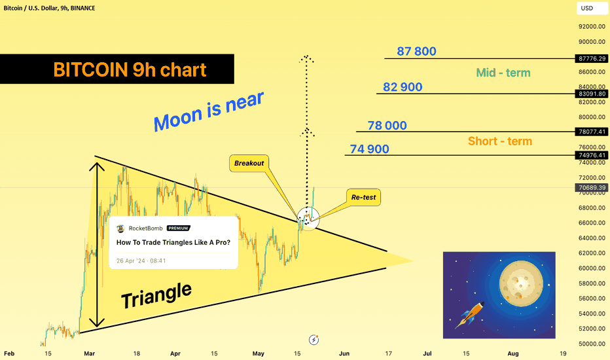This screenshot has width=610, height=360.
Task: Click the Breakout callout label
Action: coord(249,163)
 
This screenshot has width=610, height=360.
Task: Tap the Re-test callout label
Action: coord(363,197)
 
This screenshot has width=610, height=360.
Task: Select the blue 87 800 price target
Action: coord(416,51)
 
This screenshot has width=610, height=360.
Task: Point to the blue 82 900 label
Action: coord(403,87)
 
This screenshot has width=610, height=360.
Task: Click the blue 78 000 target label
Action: coord(387,125)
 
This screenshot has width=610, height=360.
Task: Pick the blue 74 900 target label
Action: coord(369,149)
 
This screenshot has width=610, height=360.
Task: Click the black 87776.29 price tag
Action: coord(592,59)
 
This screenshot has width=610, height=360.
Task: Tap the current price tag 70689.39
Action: coord(592,188)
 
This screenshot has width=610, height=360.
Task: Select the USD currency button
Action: coord(587,8)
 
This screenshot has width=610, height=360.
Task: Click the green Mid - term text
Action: coord(503,73)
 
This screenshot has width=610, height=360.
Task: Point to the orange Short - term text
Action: coord(500,141)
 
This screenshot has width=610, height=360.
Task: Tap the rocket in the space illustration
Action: coord(470,314)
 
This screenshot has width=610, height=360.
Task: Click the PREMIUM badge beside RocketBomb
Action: coord(179,228)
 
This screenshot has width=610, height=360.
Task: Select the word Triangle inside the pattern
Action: coord(156,295)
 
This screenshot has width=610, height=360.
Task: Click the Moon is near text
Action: coord(209,112)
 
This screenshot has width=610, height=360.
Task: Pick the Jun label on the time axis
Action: coord(344,353)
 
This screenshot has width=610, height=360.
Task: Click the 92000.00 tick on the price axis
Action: coord(592,26)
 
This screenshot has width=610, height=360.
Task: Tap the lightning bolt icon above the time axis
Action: coord(314,340)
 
